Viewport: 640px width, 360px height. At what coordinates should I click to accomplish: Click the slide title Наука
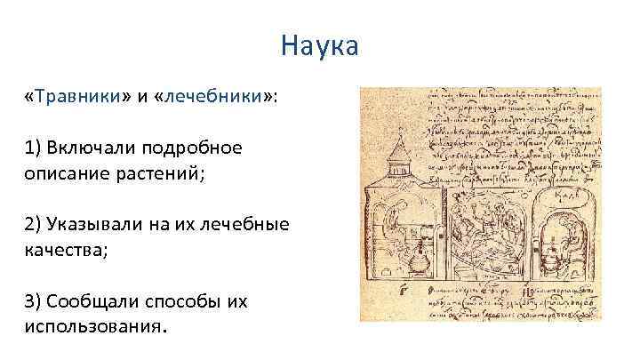(x=319, y=44)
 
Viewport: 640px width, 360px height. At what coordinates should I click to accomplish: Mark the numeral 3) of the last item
(x=34, y=300)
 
